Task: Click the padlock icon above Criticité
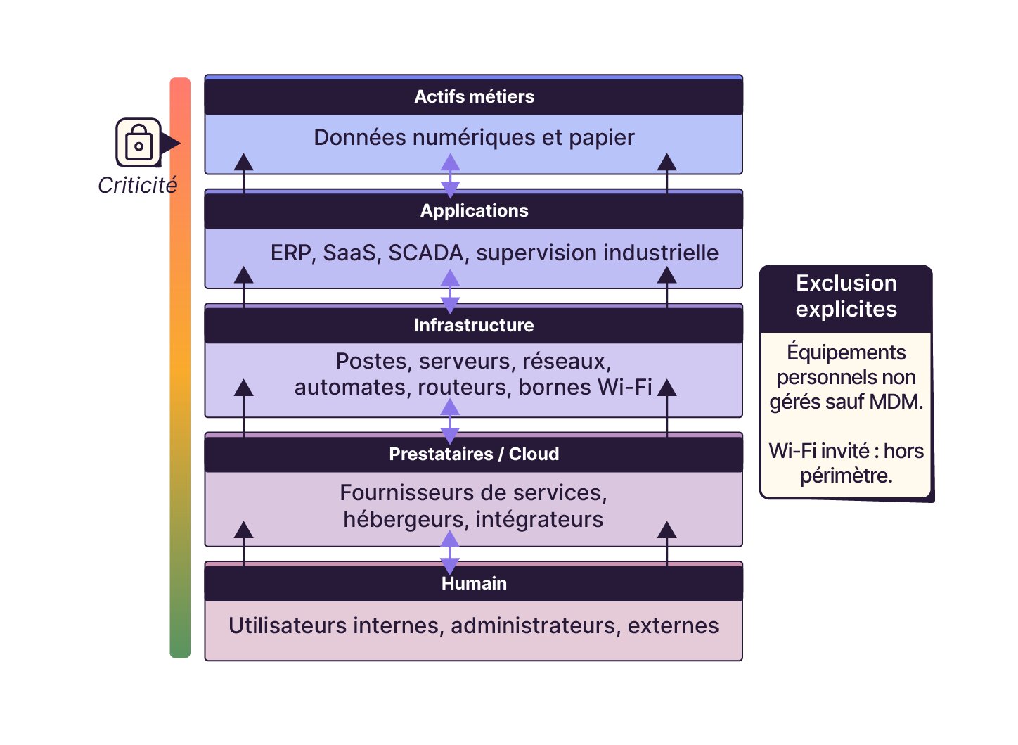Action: pyautogui.click(x=138, y=142)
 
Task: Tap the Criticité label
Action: pyautogui.click(x=137, y=185)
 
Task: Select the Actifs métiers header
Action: pyautogui.click(x=474, y=96)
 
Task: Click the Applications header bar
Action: pyautogui.click(x=474, y=210)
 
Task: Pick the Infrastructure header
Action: pyautogui.click(x=474, y=325)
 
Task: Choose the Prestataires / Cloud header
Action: pyautogui.click(x=474, y=454)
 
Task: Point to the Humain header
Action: pyautogui.click(x=474, y=583)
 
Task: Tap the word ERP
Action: pyautogui.click(x=290, y=253)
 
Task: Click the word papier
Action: pyautogui.click(x=602, y=137)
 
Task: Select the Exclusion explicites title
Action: pyautogui.click(x=846, y=296)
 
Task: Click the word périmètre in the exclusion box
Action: pyautogui.click(x=846, y=476)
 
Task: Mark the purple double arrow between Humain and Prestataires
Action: pyautogui.click(x=450, y=554)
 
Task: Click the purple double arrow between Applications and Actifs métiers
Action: pyautogui.click(x=450, y=177)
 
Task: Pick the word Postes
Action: pyautogui.click(x=373, y=361)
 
